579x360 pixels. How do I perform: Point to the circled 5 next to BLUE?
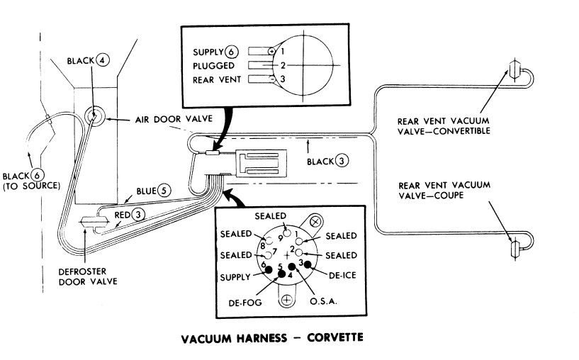tap(164, 191)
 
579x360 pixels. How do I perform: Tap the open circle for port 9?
tap(286, 231)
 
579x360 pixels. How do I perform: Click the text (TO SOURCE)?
tap(30, 186)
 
